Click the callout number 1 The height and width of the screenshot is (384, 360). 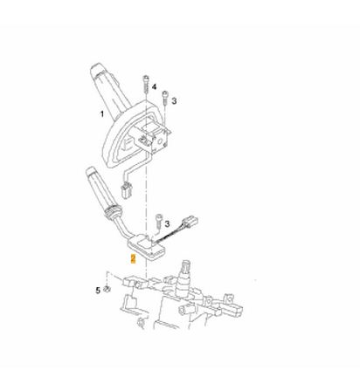point(102,113)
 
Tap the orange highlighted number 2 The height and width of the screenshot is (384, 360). point(133,258)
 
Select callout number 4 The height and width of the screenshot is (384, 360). point(154,87)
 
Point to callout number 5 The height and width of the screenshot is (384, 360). point(98,290)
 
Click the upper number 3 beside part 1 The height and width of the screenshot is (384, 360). point(174,101)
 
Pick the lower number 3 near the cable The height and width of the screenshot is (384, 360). point(167,223)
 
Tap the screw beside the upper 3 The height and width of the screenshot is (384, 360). point(165,98)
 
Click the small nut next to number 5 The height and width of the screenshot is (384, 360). point(107,289)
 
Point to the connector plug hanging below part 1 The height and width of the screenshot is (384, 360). point(126,189)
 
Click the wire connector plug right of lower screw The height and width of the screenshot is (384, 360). point(190,223)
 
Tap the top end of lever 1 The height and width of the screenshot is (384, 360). point(97,69)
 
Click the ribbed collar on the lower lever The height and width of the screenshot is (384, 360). point(113,213)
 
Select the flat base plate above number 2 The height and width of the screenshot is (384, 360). point(146,248)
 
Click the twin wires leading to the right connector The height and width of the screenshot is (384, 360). point(169,235)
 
